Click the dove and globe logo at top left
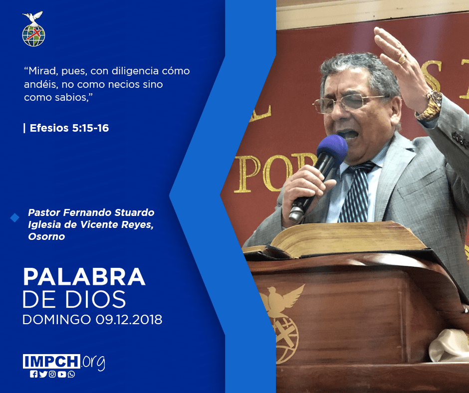coord(33,29)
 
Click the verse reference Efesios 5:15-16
coord(69,128)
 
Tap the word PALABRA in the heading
coord(84,277)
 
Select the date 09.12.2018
coord(129,319)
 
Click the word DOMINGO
coord(57,319)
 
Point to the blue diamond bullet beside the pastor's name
coord(14,218)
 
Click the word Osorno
coord(46,236)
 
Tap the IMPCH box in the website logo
coord(51,361)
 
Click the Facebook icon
coord(33,374)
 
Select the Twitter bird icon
coord(43,374)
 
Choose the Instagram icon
coord(52,374)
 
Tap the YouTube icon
coord(62,374)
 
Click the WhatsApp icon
coord(71,374)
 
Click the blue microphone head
coord(332,148)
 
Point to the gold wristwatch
coord(430,106)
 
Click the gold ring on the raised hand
coord(402,59)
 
